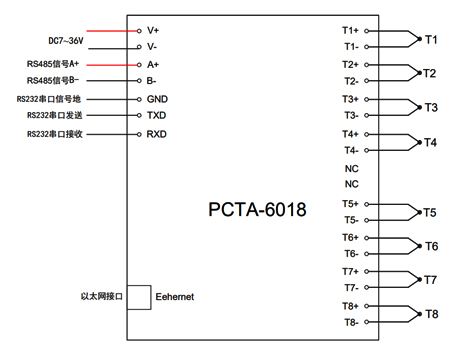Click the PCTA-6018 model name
click(x=257, y=210)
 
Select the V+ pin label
click(x=153, y=30)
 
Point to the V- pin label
click(x=152, y=46)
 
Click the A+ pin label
click(x=153, y=64)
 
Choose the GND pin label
click(x=157, y=99)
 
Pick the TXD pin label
click(x=157, y=116)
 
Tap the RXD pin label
click(x=157, y=133)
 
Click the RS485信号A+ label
click(x=53, y=64)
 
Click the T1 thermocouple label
click(x=431, y=39)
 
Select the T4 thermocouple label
click(x=431, y=142)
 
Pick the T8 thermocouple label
click(x=431, y=314)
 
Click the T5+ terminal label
click(x=350, y=203)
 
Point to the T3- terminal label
click(x=350, y=115)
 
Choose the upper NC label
click(x=351, y=168)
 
